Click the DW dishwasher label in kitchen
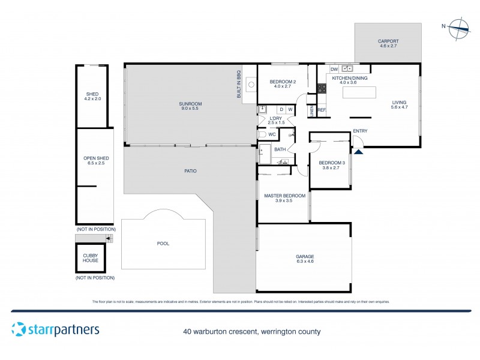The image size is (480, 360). [334, 70]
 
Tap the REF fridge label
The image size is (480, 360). [322, 110]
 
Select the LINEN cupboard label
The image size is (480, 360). [311, 111]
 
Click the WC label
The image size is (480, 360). [272, 134]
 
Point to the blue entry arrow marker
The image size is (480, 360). [359, 152]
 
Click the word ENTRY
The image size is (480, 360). [361, 131]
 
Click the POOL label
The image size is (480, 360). [163, 244]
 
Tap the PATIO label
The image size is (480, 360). [190, 171]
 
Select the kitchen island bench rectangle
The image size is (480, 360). [359, 92]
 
